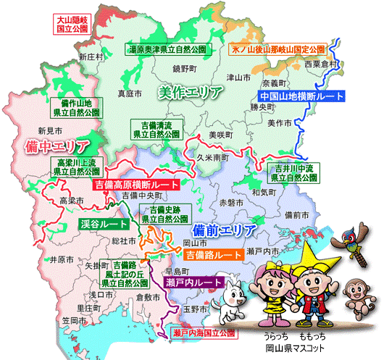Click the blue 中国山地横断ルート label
pos(299,96)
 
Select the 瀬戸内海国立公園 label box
pos(204,333)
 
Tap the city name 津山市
pos(237,77)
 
